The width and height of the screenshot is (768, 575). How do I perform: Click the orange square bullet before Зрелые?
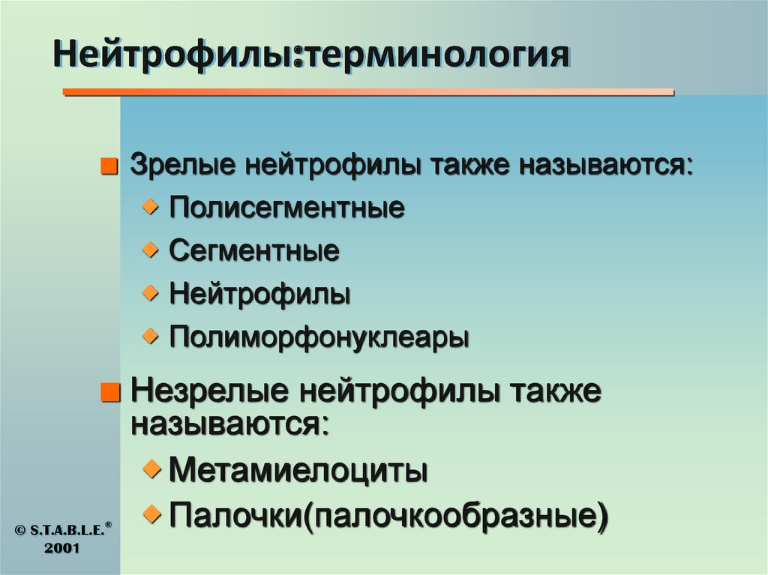click(x=111, y=167)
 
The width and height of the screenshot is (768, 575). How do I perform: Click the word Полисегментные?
click(x=286, y=208)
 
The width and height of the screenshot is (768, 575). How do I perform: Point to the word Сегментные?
click(x=253, y=250)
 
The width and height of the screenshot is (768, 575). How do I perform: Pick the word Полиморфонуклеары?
click(x=319, y=337)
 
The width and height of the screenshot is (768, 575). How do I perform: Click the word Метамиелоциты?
click(x=298, y=472)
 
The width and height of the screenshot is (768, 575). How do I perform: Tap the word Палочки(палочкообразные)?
click(x=388, y=515)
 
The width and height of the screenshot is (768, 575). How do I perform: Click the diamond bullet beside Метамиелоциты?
click(x=152, y=469)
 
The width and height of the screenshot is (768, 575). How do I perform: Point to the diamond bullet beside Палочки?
click(x=152, y=513)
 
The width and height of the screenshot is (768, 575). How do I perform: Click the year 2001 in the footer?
click(x=59, y=548)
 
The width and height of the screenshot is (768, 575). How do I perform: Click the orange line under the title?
click(x=367, y=92)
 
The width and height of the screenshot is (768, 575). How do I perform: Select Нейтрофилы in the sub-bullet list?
click(x=259, y=294)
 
